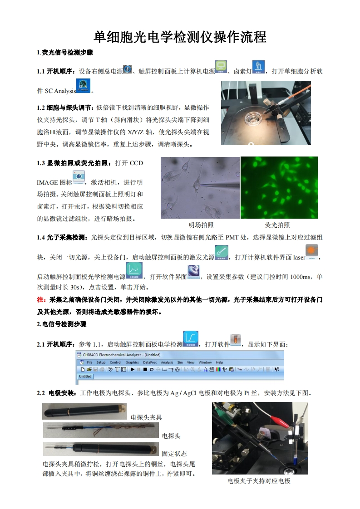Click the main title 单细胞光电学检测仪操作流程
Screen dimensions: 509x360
click(x=180, y=37)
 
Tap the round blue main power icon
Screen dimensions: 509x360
click(x=128, y=69)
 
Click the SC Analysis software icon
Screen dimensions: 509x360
click(x=84, y=86)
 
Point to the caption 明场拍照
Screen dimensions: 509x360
click(x=201, y=225)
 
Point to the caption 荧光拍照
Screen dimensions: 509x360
click(x=277, y=225)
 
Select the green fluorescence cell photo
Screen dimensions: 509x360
click(x=279, y=187)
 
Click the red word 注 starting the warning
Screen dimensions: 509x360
click(x=40, y=300)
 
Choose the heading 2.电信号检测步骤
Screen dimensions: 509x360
click(x=61, y=324)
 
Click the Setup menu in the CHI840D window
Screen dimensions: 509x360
click(x=101, y=362)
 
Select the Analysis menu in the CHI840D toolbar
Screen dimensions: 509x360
click(x=167, y=362)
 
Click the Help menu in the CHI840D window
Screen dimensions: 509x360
click(x=219, y=362)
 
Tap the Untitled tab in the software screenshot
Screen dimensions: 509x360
click(x=85, y=377)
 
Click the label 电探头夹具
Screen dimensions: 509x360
click(x=146, y=417)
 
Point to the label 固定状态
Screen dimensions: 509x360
click(x=174, y=453)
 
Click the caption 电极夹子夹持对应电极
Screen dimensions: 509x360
click(x=259, y=481)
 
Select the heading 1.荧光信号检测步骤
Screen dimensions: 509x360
click(x=65, y=53)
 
